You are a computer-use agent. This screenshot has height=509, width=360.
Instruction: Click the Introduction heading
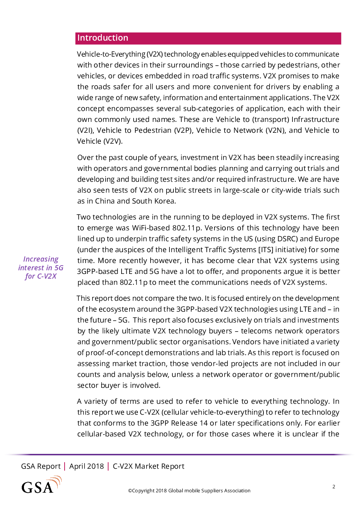click(x=103, y=38)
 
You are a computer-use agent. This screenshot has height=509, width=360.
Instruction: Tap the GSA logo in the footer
click(x=42, y=484)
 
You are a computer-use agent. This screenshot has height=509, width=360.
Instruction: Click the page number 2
click(x=334, y=487)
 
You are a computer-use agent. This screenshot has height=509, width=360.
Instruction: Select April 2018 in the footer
click(x=86, y=466)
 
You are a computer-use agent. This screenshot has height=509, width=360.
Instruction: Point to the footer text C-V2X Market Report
click(x=148, y=466)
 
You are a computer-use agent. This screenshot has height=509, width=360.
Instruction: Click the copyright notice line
click(x=189, y=490)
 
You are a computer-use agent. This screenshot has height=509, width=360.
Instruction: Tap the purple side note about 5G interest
click(x=41, y=267)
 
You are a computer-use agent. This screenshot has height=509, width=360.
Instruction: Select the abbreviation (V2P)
click(x=183, y=131)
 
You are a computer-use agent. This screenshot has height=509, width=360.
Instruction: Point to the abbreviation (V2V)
click(x=113, y=141)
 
